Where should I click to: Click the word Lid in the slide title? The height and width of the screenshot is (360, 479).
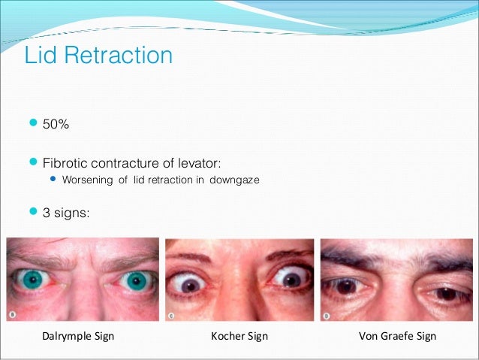(41, 56)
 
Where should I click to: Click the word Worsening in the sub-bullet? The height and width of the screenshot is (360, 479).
(87, 180)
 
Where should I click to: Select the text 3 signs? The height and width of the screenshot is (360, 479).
(66, 213)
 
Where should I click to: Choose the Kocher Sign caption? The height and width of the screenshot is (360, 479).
(239, 336)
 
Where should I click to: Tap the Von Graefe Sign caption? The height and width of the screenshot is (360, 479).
(394, 336)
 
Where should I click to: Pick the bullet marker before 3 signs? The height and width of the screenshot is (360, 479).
(31, 213)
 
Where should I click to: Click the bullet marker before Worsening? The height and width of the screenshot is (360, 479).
(53, 180)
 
